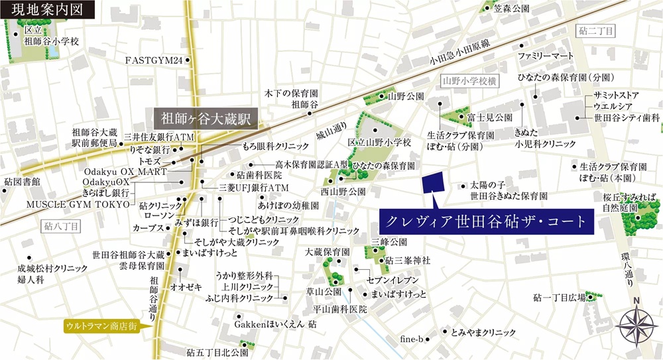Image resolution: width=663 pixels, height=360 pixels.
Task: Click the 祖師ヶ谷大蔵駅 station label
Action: click(x=206, y=119)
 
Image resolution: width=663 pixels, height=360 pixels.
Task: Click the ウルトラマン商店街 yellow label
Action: click(x=101, y=326)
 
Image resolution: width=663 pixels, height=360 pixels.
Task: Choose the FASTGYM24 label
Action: click(x=154, y=60)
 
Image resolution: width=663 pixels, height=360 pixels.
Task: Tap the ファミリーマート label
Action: click(x=544, y=54)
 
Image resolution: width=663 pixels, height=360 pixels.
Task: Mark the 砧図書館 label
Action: click(x=22, y=181)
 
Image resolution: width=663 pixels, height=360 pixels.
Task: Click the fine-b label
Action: click(x=411, y=339)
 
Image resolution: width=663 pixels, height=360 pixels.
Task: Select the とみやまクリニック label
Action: click(x=483, y=331)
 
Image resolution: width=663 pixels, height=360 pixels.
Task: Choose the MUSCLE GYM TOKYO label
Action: click(x=78, y=204)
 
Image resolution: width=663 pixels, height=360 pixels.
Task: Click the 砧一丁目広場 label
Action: click(x=558, y=298)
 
